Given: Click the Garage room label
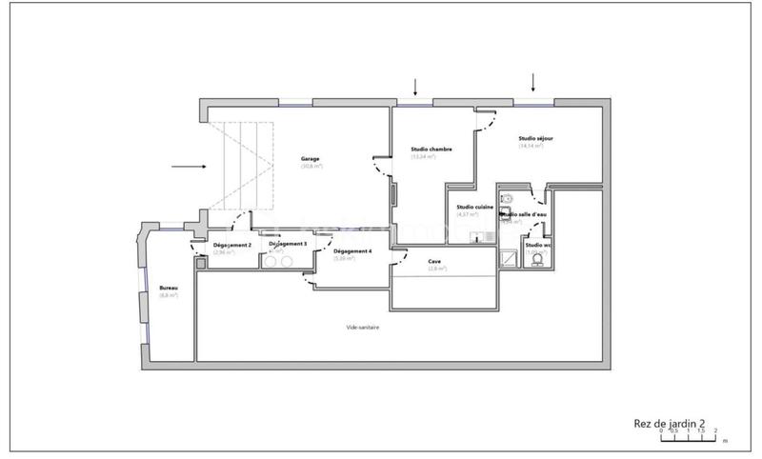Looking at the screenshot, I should (x=311, y=158).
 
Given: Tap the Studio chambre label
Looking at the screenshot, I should (x=431, y=149).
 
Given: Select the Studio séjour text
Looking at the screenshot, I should (x=535, y=138).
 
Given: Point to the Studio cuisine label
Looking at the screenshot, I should (x=474, y=207).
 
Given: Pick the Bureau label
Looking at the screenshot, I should (x=169, y=287).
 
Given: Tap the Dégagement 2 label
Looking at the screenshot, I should (x=206, y=246).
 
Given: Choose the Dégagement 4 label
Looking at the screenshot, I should (x=351, y=250).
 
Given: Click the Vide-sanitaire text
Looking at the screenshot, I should (x=363, y=327).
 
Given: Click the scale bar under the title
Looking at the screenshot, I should (x=688, y=437).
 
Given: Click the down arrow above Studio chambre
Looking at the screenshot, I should (x=414, y=86).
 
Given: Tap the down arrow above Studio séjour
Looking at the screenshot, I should (x=533, y=82).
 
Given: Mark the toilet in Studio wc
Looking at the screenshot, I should (x=538, y=259).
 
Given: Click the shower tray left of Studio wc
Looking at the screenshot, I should (x=510, y=259).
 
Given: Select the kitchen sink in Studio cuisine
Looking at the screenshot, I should (x=508, y=199).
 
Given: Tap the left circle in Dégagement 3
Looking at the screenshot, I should (x=271, y=260).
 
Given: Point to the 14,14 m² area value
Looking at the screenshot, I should (x=531, y=147).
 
